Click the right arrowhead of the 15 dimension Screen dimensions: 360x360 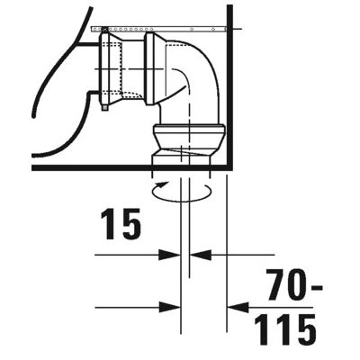coord(194,255)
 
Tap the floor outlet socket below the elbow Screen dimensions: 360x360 coord(184,144)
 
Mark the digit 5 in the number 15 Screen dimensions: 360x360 coord(130,225)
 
